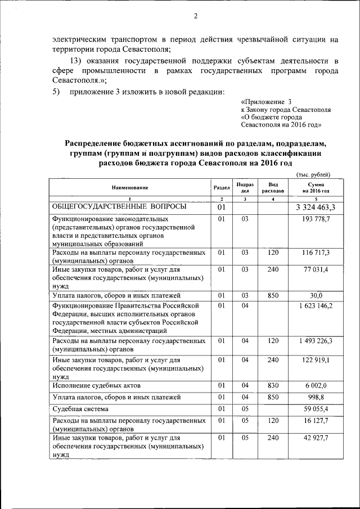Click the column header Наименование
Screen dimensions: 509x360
point(129,187)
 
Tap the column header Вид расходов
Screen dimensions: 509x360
point(273,187)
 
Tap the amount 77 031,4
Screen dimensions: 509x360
point(316,271)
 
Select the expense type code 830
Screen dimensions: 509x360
point(273,386)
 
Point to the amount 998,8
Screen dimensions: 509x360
point(316,397)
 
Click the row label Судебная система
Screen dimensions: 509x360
point(80,409)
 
